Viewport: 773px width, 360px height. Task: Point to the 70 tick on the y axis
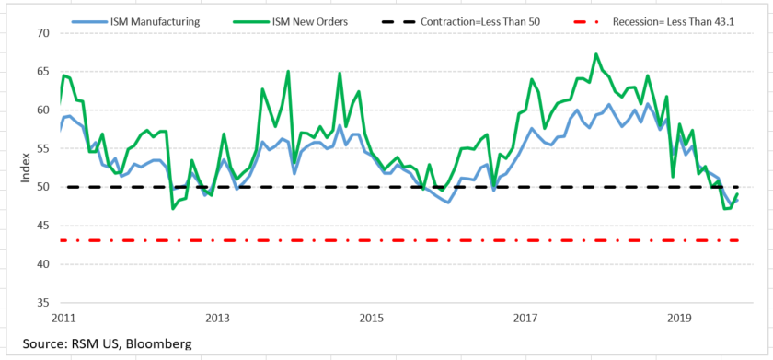[43, 33]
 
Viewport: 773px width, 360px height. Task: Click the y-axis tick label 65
[43, 71]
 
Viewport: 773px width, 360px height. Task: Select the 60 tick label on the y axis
[43, 110]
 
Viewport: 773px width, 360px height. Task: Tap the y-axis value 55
[43, 148]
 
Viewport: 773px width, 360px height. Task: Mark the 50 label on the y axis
[43, 187]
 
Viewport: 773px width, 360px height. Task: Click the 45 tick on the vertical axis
[43, 225]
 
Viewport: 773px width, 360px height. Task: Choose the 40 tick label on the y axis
[43, 263]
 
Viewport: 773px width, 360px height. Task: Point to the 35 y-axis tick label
[43, 302]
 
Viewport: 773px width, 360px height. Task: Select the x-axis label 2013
[217, 319]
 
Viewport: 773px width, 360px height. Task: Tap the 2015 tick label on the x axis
[371, 319]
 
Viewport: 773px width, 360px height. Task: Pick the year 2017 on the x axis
[525, 319]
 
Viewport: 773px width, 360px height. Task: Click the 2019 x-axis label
[679, 319]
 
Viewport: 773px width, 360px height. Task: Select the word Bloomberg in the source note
[160, 343]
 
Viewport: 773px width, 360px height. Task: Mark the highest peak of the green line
[596, 54]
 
